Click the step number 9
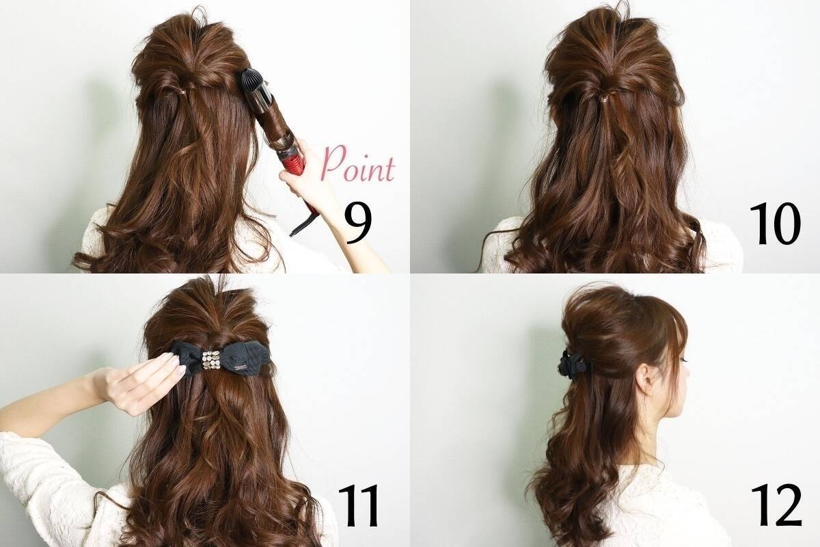pyautogui.click(x=358, y=224)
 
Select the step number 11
pyautogui.click(x=358, y=507)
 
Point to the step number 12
pyautogui.click(x=777, y=505)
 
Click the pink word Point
pyautogui.click(x=358, y=164)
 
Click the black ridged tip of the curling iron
pyautogui.click(x=253, y=83)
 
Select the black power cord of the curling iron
pyautogui.click(x=304, y=220)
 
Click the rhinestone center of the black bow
pyautogui.click(x=211, y=360)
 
